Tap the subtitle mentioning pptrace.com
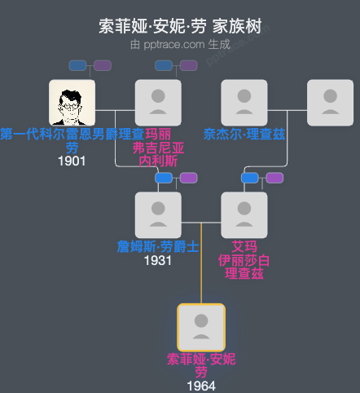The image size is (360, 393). pyautogui.click(x=180, y=44)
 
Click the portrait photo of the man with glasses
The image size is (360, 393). pyautogui.click(x=72, y=103)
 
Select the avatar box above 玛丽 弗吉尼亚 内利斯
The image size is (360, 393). pyautogui.click(x=158, y=103)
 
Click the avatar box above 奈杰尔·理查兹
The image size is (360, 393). pyautogui.click(x=244, y=103)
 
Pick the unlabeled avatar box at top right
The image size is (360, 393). pyautogui.click(x=330, y=103)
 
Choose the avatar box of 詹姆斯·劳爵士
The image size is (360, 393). pyautogui.click(x=158, y=215)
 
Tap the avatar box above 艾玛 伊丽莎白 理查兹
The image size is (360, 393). pyautogui.click(x=244, y=215)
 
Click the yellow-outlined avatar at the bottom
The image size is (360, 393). pyautogui.click(x=201, y=327)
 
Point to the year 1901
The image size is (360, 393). pyautogui.click(x=72, y=161)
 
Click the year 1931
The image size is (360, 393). pyautogui.click(x=158, y=260)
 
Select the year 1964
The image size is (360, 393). pyautogui.click(x=201, y=385)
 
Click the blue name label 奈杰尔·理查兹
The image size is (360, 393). pyautogui.click(x=244, y=134)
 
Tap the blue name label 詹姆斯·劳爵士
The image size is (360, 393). pyautogui.click(x=158, y=246)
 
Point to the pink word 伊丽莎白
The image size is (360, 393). pyautogui.click(x=244, y=259)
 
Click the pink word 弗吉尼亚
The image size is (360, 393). pyautogui.click(x=158, y=148)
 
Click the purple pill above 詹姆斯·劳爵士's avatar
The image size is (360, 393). pyautogui.click(x=189, y=178)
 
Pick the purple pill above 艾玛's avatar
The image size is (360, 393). pyautogui.click(x=274, y=178)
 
